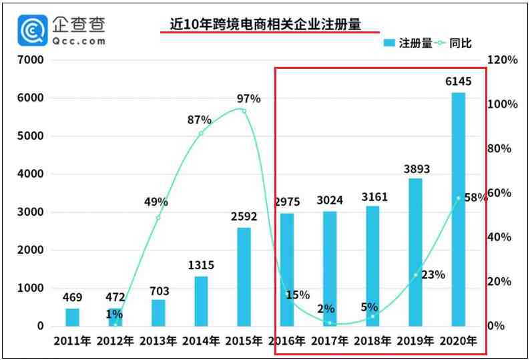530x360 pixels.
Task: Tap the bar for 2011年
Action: coord(72,317)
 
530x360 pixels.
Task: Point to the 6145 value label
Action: coord(458,81)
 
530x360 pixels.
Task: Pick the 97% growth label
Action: coord(248,99)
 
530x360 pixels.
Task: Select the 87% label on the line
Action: coord(199,120)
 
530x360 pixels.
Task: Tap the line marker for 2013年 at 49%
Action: coord(158,218)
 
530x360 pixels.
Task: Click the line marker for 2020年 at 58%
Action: coord(459,198)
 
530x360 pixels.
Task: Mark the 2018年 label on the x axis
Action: coord(373,341)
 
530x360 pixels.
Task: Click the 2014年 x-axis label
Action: coord(201,341)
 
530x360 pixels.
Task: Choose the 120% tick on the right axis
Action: coord(503,60)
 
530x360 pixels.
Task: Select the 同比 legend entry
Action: coord(454,43)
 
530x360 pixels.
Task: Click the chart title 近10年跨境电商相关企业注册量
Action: coord(265,25)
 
